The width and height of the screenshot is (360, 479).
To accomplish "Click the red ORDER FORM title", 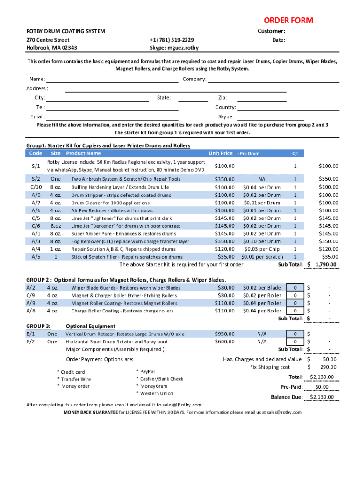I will (x=288, y=21).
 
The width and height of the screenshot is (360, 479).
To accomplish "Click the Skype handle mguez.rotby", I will (x=174, y=48).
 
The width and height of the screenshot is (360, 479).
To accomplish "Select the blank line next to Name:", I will (x=112, y=80).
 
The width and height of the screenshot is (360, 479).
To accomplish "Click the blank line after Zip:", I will (x=262, y=98).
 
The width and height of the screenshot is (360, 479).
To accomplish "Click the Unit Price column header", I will (x=220, y=153).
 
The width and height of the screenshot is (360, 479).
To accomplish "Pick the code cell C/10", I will (x=36, y=187).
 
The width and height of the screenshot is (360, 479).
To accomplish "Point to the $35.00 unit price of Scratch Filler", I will (x=226, y=256).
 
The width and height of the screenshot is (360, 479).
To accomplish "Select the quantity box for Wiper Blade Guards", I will (x=295, y=288).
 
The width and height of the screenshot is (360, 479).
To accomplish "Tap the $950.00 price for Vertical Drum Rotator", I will (x=224, y=334).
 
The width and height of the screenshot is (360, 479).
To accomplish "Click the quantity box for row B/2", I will (x=295, y=341).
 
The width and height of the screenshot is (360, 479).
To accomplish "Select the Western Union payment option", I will (x=156, y=393).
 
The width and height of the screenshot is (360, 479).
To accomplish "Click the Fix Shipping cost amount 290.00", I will (x=328, y=367).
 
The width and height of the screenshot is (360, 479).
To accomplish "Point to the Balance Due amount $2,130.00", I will (x=322, y=397).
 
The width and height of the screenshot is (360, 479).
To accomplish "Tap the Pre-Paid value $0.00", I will (x=322, y=387).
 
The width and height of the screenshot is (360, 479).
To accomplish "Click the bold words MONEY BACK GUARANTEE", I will (x=91, y=412).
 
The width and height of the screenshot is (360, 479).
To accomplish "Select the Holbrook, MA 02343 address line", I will (x=52, y=48).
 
